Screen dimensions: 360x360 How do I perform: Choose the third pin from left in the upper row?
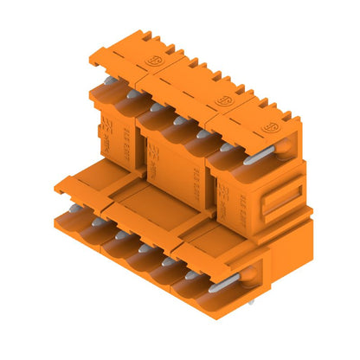[177, 121]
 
